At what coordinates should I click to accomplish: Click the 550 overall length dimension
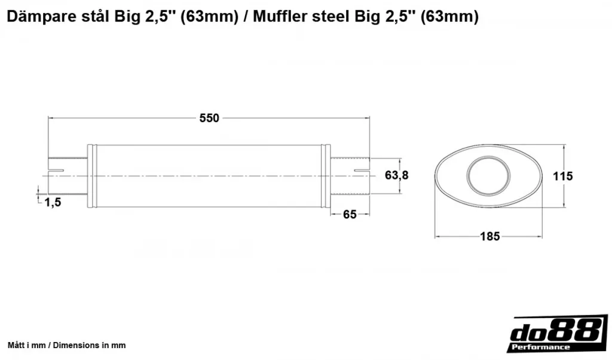click(209, 118)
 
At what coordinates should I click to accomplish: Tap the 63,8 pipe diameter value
click(397, 175)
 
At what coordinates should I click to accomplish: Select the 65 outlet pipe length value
click(350, 214)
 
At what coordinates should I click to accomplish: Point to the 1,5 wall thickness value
click(53, 202)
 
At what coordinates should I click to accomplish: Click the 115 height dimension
click(562, 176)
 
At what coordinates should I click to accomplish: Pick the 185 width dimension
click(490, 236)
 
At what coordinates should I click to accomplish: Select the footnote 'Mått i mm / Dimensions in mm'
click(67, 345)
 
